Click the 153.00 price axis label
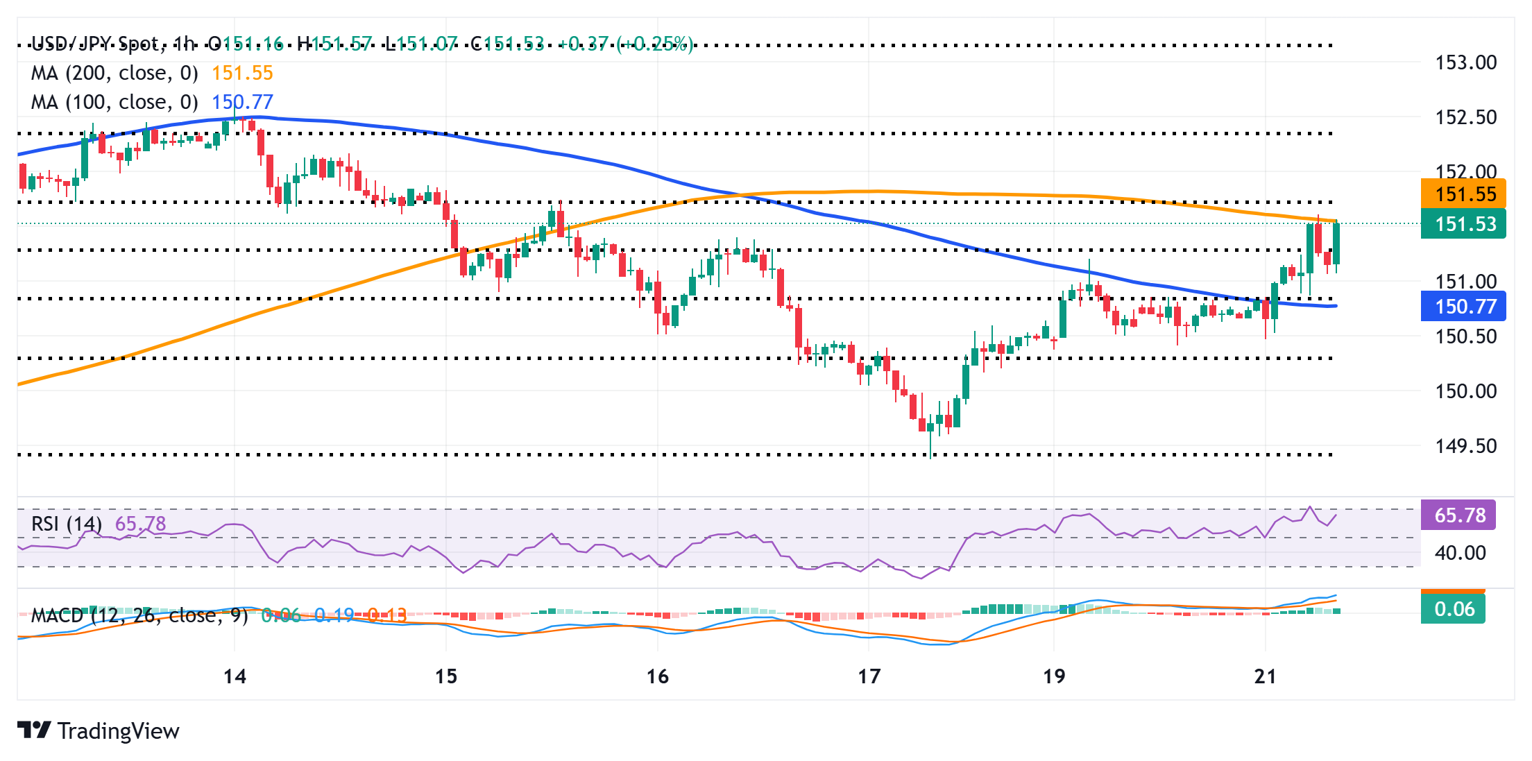[x=1465, y=62]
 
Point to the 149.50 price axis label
[x=1465, y=446]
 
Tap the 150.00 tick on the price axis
[x=1465, y=391]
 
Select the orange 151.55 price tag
[x=1463, y=194]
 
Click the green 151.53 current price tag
[x=1463, y=224]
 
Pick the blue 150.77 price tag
[x=1463, y=306]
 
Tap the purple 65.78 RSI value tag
[x=1458, y=515]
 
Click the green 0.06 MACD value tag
[x=1454, y=609]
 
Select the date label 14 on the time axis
[x=235, y=676]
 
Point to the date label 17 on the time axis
[x=869, y=676]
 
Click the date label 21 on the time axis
[x=1265, y=676]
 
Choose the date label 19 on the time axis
[x=1054, y=676]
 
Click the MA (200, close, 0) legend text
[x=114, y=73]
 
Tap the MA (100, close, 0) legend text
[x=114, y=102]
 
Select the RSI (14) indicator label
[x=67, y=523]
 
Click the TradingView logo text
[x=118, y=730]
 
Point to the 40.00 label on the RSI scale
[x=1460, y=553]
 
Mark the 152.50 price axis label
[x=1465, y=117]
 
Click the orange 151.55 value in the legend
[x=242, y=73]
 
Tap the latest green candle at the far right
[x=1336, y=243]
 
